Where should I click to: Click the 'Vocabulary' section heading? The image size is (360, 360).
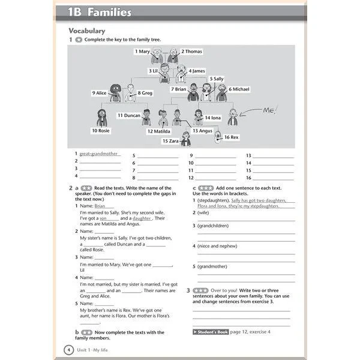86,31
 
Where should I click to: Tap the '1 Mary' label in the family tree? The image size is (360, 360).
142,52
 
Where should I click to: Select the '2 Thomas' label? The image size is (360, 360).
191,52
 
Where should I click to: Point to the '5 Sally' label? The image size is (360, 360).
217,79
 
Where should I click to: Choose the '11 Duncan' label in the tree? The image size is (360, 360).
129,115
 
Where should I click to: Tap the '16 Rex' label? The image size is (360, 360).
231,137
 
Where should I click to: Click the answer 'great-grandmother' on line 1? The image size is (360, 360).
98,154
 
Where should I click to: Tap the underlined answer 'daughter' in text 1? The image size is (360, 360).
142,218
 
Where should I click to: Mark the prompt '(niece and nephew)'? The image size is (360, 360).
215,245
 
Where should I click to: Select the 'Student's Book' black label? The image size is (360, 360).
211,331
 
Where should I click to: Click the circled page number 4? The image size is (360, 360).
68,349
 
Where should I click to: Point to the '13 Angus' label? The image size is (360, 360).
202,131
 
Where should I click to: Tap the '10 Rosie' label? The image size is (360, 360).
101,131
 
